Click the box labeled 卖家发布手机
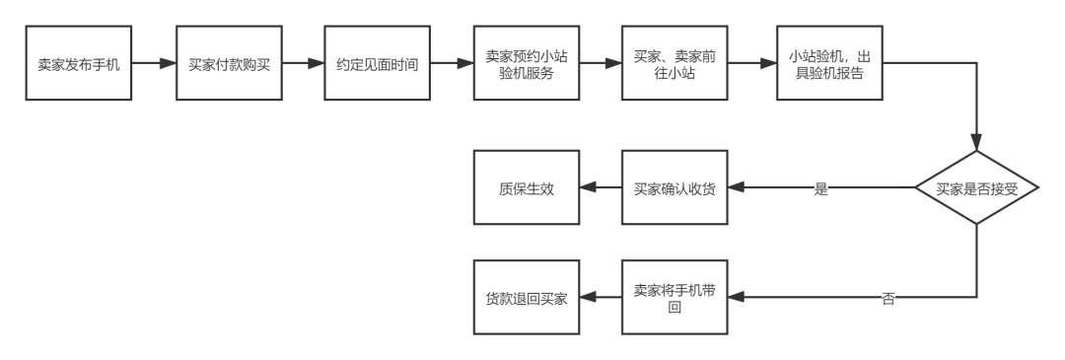coord(79,65)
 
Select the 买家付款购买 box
coord(229,65)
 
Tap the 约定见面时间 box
coord(377,65)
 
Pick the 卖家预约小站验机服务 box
coord(527,65)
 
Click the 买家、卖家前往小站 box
coord(674,65)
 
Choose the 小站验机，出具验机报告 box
coord(828,65)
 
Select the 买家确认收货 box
coord(674,188)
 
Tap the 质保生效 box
coord(527,188)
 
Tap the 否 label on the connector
coord(888,298)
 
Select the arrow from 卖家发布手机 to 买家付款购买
coord(154,65)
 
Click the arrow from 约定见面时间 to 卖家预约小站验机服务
coord(452,65)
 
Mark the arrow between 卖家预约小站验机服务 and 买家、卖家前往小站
coord(601,65)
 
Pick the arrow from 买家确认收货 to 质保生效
coord(601,188)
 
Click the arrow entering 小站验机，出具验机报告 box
coord(751,65)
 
